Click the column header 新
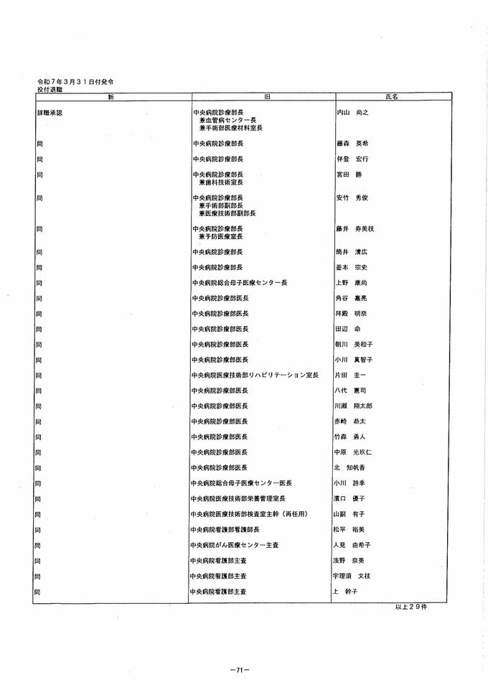pos(111,96)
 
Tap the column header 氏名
pos(391,96)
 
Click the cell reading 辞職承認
pos(50,113)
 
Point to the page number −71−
pos(240,669)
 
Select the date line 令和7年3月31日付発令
pos(75,83)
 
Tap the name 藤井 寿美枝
pos(355,229)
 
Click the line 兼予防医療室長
pos(221,237)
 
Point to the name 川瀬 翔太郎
pos(354,406)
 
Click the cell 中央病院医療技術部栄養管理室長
pos(239,499)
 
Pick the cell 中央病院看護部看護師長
pos(225,530)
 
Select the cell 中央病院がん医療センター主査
pos(233,545)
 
